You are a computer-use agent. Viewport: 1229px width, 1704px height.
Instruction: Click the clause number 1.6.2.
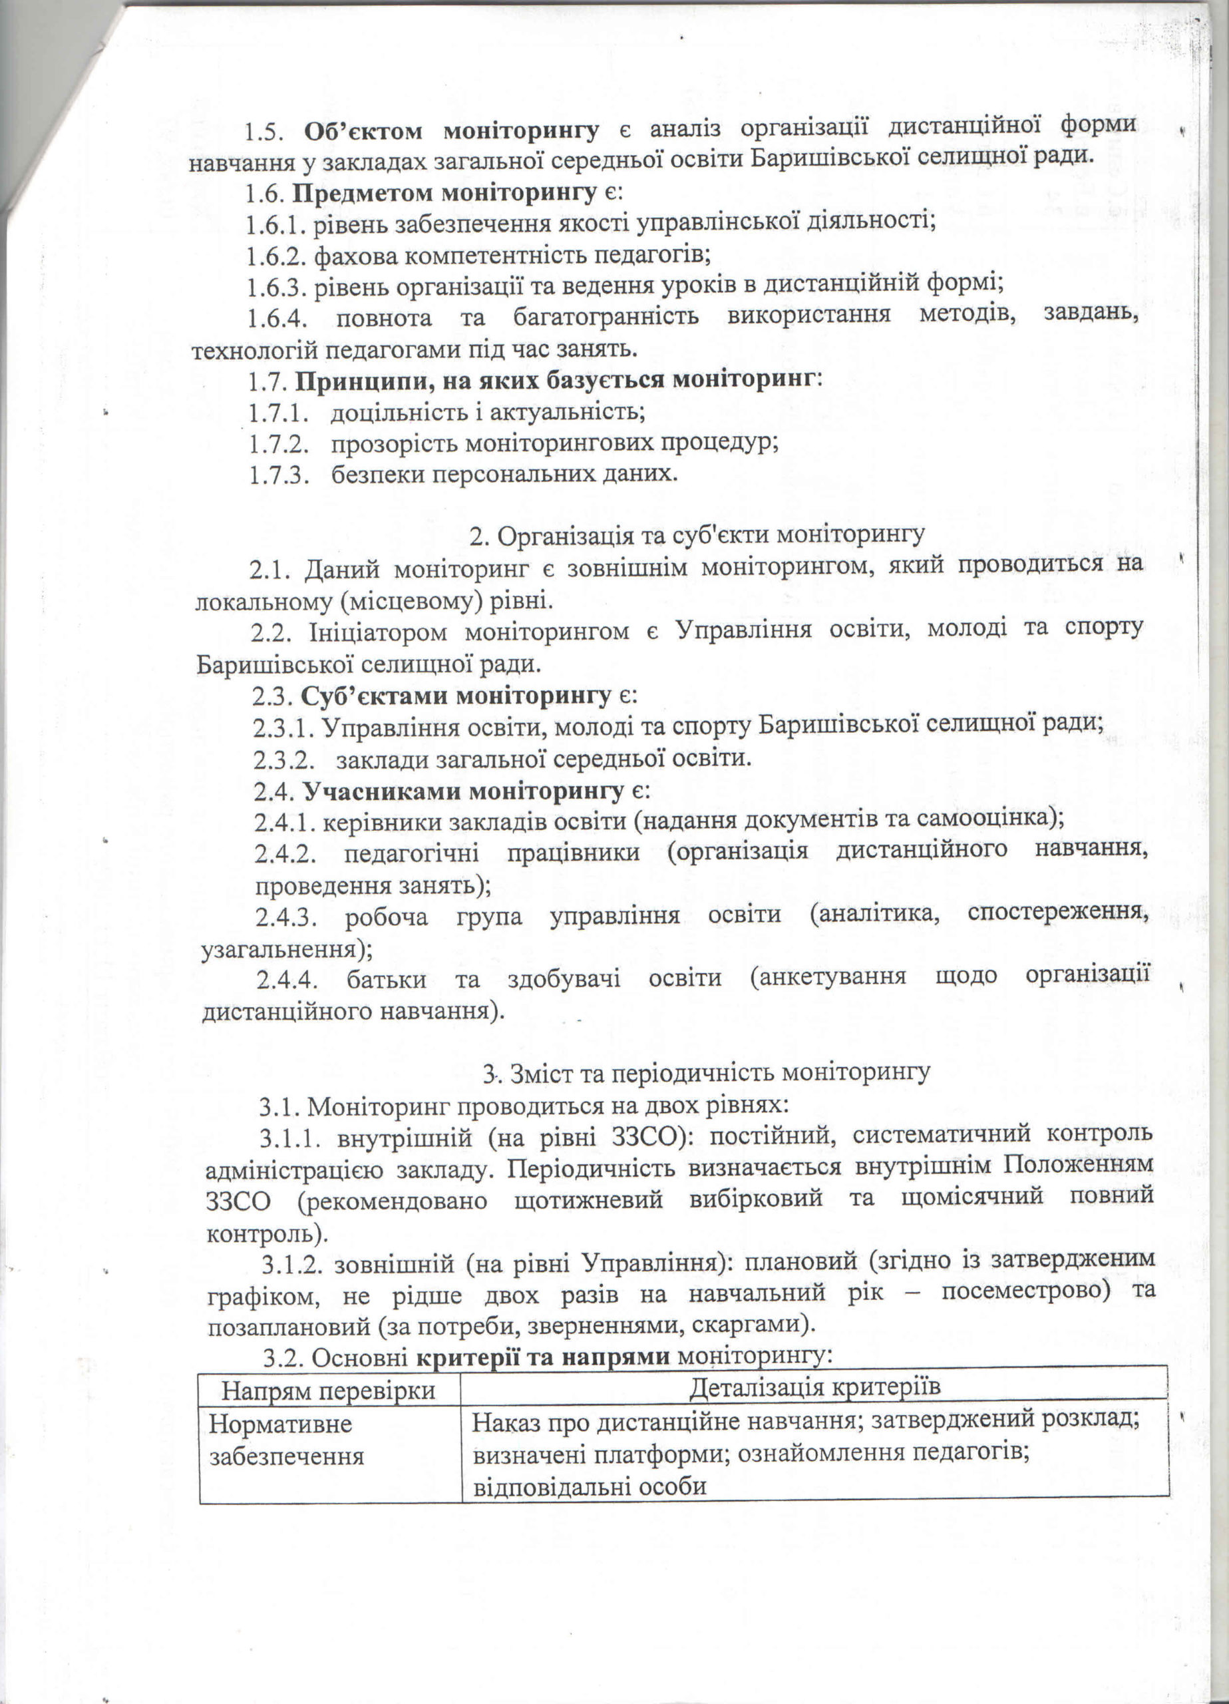tap(276, 256)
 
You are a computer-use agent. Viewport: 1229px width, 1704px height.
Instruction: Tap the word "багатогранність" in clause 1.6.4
tap(606, 317)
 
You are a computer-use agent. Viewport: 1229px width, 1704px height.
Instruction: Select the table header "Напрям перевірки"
tap(328, 1391)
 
